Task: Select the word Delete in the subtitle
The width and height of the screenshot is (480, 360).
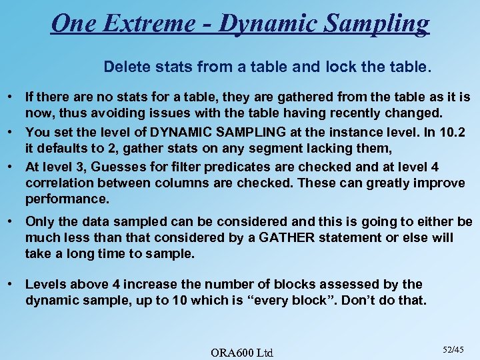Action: tap(122, 67)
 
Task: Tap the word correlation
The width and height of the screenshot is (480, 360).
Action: tap(57, 183)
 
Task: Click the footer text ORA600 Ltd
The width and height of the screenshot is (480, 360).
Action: tap(242, 351)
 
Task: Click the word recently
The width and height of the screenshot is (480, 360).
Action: tap(368, 114)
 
